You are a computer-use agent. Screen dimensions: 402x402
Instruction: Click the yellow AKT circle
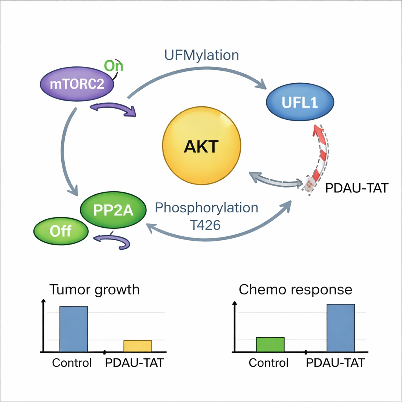pyautogui.click(x=201, y=147)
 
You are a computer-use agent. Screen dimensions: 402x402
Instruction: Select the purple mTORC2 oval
pyautogui.click(x=77, y=84)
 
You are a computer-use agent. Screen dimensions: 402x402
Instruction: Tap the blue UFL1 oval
pyautogui.click(x=300, y=102)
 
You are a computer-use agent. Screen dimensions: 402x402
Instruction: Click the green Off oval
pyautogui.click(x=60, y=230)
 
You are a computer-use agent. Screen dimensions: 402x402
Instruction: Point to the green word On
pyautogui.click(x=113, y=66)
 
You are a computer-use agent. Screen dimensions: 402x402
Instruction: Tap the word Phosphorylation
pyautogui.click(x=206, y=208)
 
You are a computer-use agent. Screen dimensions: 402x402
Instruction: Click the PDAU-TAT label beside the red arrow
pyautogui.click(x=356, y=188)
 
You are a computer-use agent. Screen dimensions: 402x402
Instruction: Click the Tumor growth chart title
pyautogui.click(x=94, y=290)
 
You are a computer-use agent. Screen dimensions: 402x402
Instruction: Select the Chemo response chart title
pyautogui.click(x=295, y=290)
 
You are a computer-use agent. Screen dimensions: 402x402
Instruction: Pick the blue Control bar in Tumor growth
pyautogui.click(x=73, y=329)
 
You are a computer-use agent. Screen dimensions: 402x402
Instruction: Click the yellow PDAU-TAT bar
pyautogui.click(x=137, y=346)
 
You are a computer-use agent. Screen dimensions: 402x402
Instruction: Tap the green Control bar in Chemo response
pyautogui.click(x=270, y=344)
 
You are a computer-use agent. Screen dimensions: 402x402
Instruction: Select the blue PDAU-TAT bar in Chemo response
pyautogui.click(x=340, y=328)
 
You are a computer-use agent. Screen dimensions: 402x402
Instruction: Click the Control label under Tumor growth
pyautogui.click(x=72, y=363)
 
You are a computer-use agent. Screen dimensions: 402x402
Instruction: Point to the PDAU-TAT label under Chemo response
pyautogui.click(x=335, y=363)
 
